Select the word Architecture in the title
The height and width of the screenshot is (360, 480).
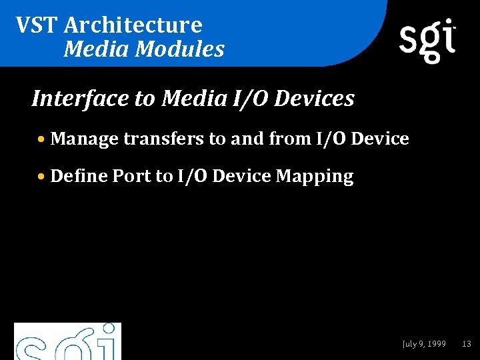[133, 25]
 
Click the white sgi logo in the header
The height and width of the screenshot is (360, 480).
[427, 40]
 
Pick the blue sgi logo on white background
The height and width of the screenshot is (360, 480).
[67, 342]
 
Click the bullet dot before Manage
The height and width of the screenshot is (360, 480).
[42, 140]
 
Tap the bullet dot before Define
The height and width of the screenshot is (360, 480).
[42, 177]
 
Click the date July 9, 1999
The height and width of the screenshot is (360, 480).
[424, 344]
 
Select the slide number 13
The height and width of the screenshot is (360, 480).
[467, 344]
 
